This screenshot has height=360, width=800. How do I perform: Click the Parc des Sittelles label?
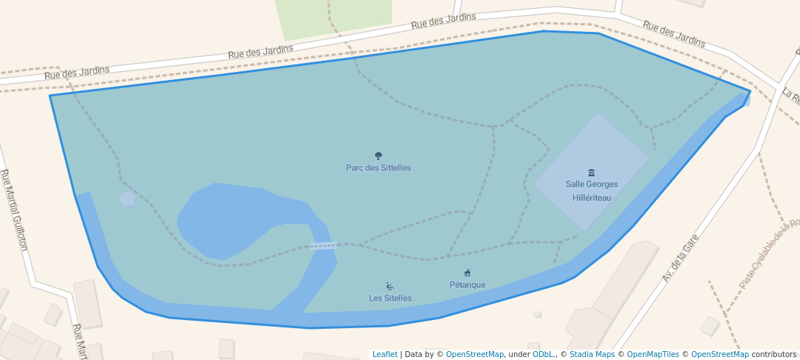[378, 168]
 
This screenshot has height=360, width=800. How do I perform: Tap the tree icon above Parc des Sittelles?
[379, 156]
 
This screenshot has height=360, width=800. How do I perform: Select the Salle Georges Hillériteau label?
[591, 191]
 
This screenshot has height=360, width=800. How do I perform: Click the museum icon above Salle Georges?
[591, 173]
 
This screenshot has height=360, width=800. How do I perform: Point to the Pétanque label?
[467, 285]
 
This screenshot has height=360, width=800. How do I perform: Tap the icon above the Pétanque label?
[467, 273]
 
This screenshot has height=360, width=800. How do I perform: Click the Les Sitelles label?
[390, 299]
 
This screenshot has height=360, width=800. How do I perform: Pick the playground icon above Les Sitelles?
[390, 287]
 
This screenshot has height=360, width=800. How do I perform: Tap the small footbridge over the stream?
[324, 245]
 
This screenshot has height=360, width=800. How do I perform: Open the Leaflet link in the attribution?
[384, 355]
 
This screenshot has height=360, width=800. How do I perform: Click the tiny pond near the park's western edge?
[127, 199]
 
